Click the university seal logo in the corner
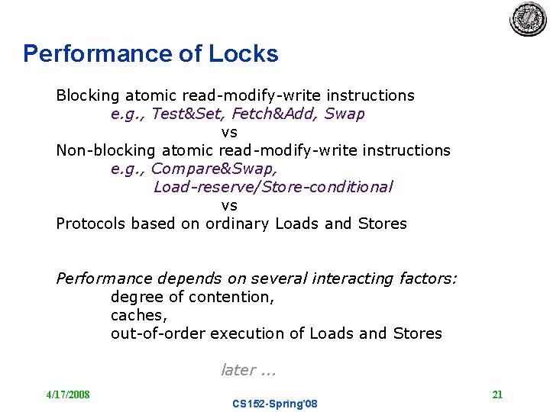point(528,19)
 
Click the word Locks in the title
point(243,54)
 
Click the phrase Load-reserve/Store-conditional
point(273,187)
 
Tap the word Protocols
point(91,224)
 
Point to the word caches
point(138,315)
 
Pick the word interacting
point(354,278)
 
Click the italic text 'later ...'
point(247,370)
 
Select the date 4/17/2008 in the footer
point(67,394)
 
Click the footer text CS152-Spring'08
point(274,404)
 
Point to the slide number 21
point(497,394)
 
